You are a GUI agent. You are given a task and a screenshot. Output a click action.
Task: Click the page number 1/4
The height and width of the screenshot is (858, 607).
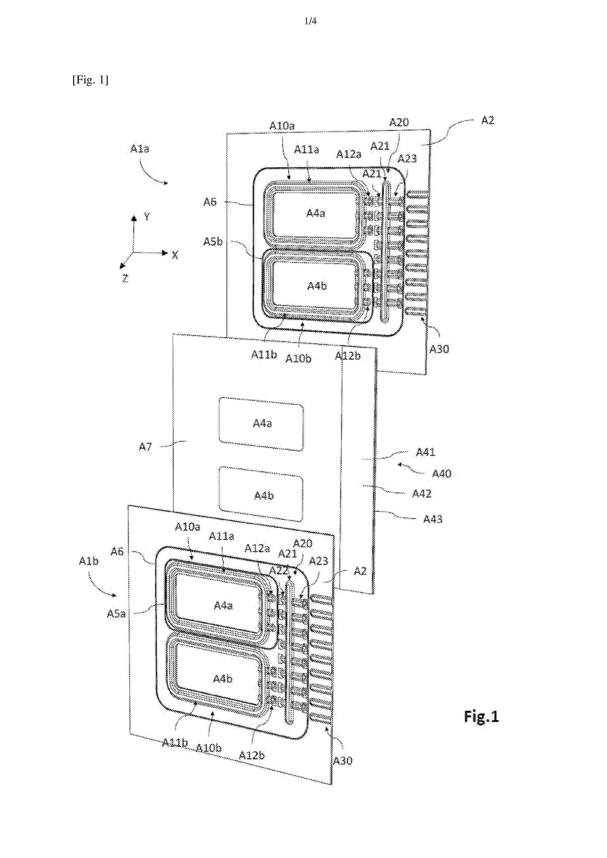click(x=310, y=21)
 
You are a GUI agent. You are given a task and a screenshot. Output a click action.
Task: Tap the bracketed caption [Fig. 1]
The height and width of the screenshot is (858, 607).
click(x=90, y=80)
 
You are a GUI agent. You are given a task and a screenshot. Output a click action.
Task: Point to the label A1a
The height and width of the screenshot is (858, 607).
click(x=140, y=149)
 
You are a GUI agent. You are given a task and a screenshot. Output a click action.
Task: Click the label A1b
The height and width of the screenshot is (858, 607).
click(x=89, y=561)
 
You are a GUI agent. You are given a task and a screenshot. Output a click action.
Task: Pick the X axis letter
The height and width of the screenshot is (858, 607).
click(x=175, y=255)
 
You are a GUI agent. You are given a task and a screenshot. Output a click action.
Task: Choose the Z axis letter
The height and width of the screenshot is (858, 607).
click(x=125, y=278)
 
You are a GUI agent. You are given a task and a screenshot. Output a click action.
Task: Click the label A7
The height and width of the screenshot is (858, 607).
click(x=145, y=447)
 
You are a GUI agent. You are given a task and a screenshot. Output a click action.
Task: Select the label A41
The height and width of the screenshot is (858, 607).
click(x=426, y=452)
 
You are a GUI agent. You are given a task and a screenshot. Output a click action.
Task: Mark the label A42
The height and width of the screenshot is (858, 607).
click(x=421, y=494)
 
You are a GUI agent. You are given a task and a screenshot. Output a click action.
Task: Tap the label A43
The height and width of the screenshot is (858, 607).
click(x=432, y=519)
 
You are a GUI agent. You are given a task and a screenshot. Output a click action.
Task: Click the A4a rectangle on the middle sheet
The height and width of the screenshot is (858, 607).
click(x=261, y=424)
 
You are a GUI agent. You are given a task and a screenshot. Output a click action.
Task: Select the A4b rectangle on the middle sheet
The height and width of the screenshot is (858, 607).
click(x=261, y=494)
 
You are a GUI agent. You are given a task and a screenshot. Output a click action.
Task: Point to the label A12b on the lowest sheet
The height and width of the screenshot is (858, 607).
click(x=251, y=755)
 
